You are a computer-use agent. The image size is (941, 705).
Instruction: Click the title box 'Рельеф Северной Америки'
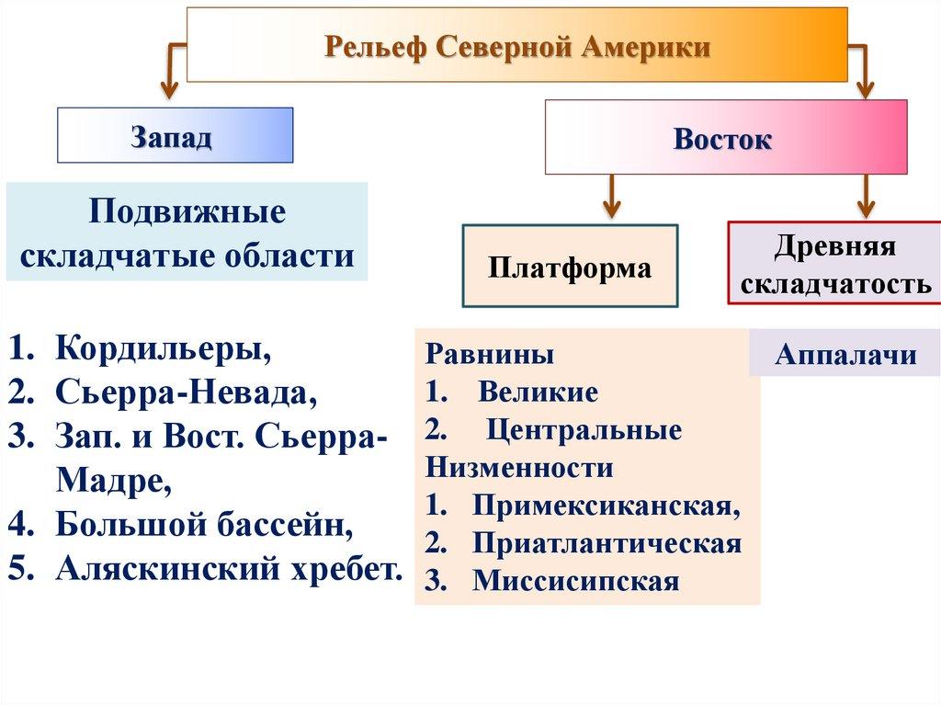pos(516,45)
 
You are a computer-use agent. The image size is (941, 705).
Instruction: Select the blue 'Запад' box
pos(175,136)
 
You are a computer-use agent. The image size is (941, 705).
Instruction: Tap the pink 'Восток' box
pos(725,138)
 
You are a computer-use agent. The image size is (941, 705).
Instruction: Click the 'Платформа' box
pos(570,267)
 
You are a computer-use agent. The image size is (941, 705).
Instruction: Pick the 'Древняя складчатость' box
pos(835,264)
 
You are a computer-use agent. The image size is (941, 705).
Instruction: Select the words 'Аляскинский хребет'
pos(229,568)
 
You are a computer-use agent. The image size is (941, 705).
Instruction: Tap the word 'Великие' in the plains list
pos(539,392)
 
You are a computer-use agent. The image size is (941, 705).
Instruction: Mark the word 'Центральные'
pos(584,430)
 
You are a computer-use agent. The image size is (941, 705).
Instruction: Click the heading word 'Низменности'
pos(519,468)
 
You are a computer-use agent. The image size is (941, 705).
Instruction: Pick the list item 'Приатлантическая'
pos(607,543)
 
